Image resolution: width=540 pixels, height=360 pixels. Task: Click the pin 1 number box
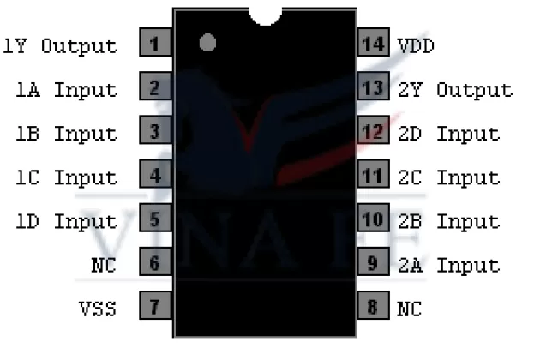pyautogui.click(x=154, y=44)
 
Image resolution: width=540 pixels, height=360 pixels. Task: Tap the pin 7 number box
pyautogui.click(x=154, y=307)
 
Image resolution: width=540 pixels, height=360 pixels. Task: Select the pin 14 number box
pyautogui.click(x=373, y=44)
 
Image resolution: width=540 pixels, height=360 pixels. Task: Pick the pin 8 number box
pyautogui.click(x=373, y=307)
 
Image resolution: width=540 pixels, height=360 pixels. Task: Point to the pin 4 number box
pyautogui.click(x=154, y=176)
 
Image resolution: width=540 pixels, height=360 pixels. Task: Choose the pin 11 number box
pyautogui.click(x=373, y=176)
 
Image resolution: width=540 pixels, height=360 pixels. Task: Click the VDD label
pyautogui.click(x=416, y=45)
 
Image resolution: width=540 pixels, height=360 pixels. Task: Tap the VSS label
pyautogui.click(x=98, y=308)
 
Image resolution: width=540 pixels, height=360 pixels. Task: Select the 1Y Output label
pyautogui.click(x=60, y=45)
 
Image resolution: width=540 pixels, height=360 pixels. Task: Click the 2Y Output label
pyautogui.click(x=454, y=89)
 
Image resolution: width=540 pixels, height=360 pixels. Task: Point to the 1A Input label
pyautogui.click(x=67, y=89)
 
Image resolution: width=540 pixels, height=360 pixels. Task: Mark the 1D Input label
pyautogui.click(x=67, y=220)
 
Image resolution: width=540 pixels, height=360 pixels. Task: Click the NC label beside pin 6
pyautogui.click(x=104, y=264)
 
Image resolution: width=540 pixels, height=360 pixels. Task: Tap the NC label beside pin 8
pyautogui.click(x=409, y=308)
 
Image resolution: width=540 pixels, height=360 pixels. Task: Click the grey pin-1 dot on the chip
pyautogui.click(x=207, y=42)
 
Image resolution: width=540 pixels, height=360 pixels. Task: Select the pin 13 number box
pyautogui.click(x=373, y=87)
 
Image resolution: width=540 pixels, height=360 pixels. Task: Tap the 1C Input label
pyautogui.click(x=67, y=177)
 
